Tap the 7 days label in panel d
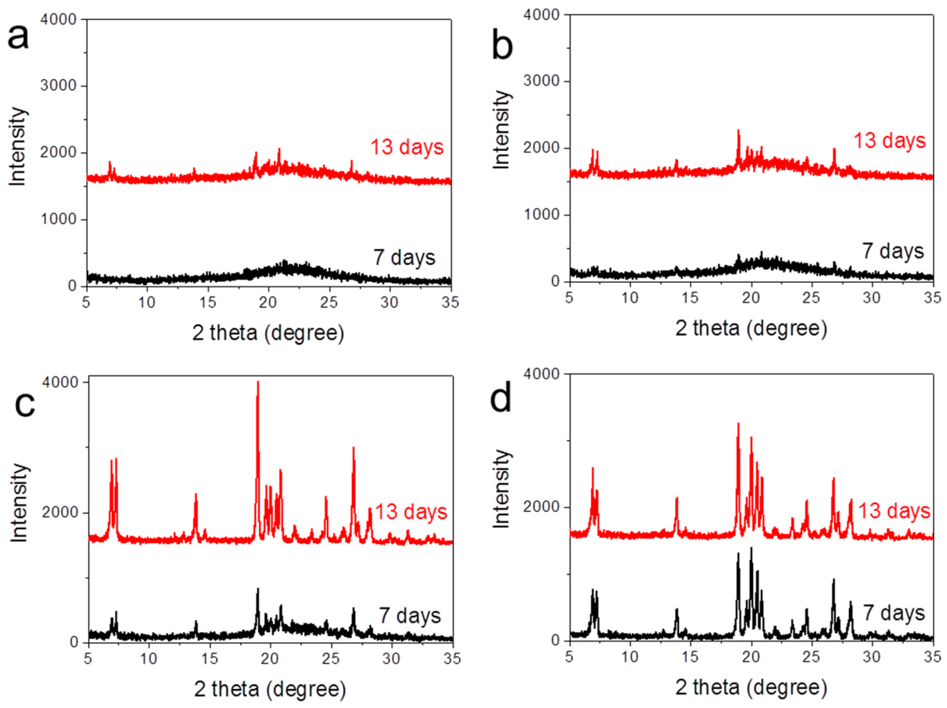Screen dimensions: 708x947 tap(894, 613)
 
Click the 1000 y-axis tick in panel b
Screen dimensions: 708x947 tap(541, 215)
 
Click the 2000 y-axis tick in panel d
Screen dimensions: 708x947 tap(541, 507)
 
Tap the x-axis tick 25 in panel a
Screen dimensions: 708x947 tap(329, 302)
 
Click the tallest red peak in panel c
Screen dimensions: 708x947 tap(258, 383)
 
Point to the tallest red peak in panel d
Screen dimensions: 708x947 tap(738, 424)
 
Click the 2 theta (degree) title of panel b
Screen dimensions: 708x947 tap(751, 329)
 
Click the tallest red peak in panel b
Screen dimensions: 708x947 tap(738, 130)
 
